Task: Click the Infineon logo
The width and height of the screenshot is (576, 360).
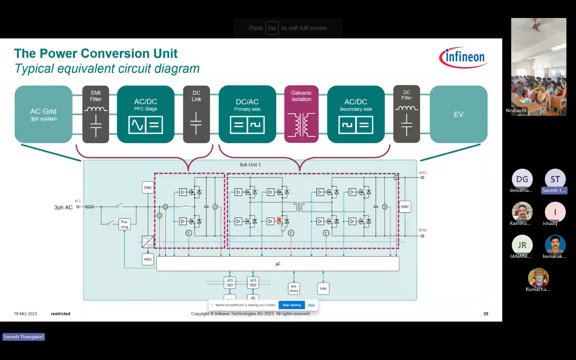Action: click(x=464, y=58)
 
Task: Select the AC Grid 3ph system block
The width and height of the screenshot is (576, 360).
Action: click(x=44, y=114)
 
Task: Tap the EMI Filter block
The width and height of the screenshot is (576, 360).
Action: click(x=96, y=114)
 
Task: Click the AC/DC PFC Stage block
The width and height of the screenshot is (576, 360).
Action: click(x=146, y=114)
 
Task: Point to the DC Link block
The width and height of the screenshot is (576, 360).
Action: click(x=196, y=114)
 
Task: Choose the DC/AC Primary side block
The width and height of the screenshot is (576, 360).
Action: click(x=247, y=114)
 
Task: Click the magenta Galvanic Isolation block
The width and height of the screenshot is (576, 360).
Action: click(x=301, y=114)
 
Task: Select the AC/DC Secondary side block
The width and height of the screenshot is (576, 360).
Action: click(x=356, y=114)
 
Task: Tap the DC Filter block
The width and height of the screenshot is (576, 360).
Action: click(x=406, y=114)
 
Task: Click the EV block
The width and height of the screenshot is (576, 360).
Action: click(x=458, y=114)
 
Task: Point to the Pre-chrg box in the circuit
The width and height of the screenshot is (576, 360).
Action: click(x=125, y=224)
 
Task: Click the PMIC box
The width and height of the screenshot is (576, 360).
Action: click(x=148, y=260)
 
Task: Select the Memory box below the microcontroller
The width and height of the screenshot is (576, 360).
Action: click(x=294, y=288)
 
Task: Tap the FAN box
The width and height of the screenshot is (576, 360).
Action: click(x=323, y=288)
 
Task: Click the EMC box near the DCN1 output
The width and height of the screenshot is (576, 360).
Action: click(x=405, y=207)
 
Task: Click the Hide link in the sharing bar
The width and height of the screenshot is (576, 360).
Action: click(x=312, y=305)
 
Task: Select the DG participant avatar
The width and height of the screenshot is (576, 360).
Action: click(x=522, y=179)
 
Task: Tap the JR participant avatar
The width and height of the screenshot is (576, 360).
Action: click(x=522, y=245)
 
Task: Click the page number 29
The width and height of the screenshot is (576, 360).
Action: click(x=486, y=314)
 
